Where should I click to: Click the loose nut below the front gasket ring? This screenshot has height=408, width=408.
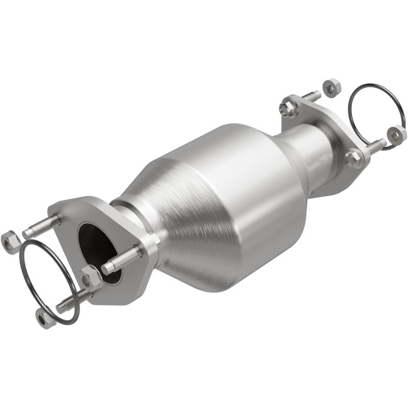coord(44,318)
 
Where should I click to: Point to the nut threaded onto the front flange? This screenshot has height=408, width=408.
coord(91,277)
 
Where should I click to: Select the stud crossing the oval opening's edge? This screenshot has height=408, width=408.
coord(122,260)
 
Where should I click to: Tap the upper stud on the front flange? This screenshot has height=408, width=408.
coord(41,226)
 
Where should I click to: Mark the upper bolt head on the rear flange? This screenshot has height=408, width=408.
coord(289,107)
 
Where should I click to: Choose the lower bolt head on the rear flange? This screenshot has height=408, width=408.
coord(353,158)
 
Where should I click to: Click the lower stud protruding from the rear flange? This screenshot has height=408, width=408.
coord(375,146)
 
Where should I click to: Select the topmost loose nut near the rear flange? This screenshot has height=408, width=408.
coord(332,87)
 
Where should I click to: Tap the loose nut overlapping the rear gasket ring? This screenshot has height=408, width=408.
coord(397,134)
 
